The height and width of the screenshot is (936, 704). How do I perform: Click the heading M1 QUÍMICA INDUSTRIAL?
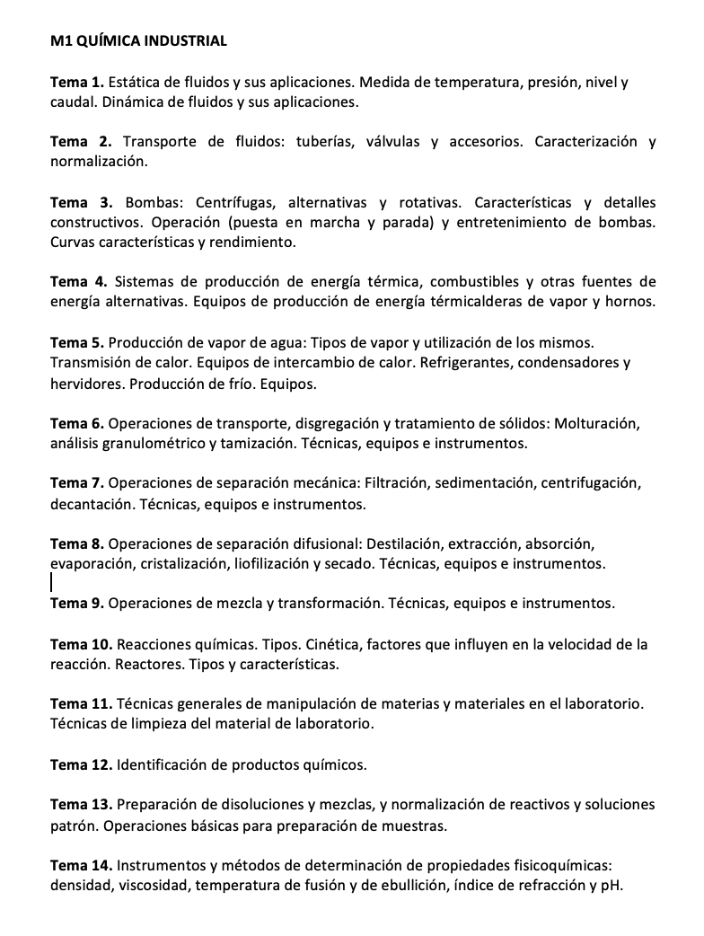tap(138, 40)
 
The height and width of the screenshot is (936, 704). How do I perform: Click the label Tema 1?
tap(77, 84)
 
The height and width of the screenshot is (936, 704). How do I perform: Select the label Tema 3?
tap(81, 202)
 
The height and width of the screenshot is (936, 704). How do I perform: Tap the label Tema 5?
tap(77, 342)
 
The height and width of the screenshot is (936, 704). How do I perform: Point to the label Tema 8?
tap(77, 543)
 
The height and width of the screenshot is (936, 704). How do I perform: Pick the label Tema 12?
tap(81, 764)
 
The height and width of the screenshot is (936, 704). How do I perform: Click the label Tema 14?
tap(81, 865)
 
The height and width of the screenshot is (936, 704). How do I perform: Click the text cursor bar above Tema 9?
tap(52, 583)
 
